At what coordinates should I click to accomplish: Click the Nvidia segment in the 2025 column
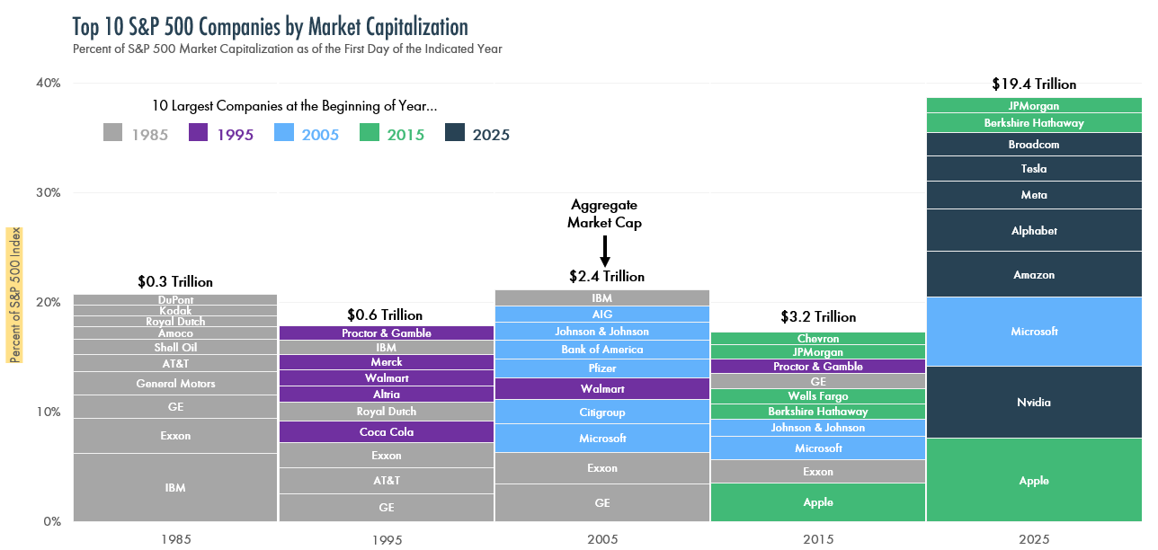[x=1034, y=403]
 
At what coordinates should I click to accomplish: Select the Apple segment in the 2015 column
[x=818, y=502]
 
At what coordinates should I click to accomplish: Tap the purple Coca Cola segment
[x=387, y=432]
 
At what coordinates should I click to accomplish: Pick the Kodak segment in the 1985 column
[x=175, y=311]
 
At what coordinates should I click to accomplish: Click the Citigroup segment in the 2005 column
[x=602, y=412]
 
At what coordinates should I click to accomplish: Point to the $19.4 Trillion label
[x=1034, y=84]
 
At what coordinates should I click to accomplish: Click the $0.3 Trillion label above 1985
[x=175, y=281]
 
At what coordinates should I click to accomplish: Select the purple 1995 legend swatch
[x=200, y=132]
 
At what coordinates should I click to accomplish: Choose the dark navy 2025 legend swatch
[x=456, y=132]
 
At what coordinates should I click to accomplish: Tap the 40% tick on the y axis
[x=48, y=83]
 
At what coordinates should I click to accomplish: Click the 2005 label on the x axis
[x=602, y=539]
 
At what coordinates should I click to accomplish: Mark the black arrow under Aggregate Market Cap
[x=605, y=251]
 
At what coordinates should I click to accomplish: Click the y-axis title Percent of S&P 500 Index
[x=15, y=295]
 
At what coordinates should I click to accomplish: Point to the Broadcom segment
[x=1034, y=145]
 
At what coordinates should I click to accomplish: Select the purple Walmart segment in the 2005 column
[x=602, y=389]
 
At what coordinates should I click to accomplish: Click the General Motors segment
[x=175, y=384]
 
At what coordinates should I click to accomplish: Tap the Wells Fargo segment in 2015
[x=818, y=396]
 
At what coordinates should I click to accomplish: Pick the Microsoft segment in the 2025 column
[x=1034, y=332]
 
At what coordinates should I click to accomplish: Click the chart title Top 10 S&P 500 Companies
[x=271, y=25]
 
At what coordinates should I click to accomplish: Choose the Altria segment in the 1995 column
[x=387, y=395]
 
